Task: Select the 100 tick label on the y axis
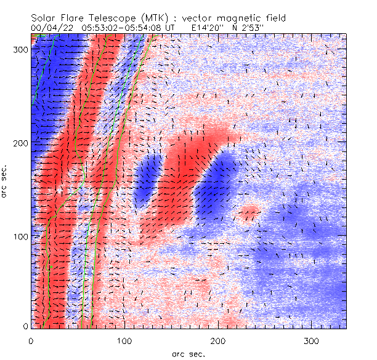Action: click(x=18, y=236)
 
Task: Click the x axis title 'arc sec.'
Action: click(x=188, y=354)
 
